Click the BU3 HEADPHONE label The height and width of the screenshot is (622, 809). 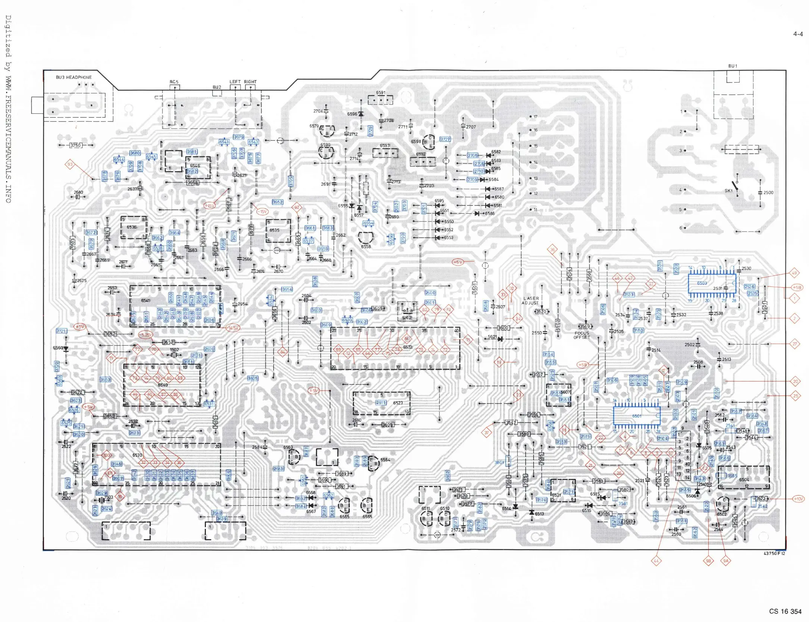[x=73, y=77]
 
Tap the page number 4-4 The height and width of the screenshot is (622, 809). [x=798, y=34]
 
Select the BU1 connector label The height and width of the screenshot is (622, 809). [x=733, y=66]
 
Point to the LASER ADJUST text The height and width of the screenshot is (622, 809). [x=531, y=301]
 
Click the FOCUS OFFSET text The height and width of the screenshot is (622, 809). [x=582, y=335]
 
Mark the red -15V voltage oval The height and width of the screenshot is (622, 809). [x=262, y=211]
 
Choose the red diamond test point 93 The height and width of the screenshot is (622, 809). [x=70, y=164]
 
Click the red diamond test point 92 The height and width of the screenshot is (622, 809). [x=297, y=207]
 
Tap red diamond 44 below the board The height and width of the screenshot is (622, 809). [x=656, y=560]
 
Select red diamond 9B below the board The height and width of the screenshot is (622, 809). [x=708, y=560]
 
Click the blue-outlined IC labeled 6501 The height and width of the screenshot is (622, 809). [x=637, y=416]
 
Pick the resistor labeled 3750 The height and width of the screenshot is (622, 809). [x=75, y=145]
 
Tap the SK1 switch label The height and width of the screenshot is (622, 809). [x=728, y=191]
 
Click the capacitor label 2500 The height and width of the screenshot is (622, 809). [x=768, y=192]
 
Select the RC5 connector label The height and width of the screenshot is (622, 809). [x=174, y=82]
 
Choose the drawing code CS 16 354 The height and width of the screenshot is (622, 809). [x=785, y=611]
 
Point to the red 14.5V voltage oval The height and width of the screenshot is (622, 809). [x=233, y=328]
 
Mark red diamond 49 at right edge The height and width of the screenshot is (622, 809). [x=794, y=273]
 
